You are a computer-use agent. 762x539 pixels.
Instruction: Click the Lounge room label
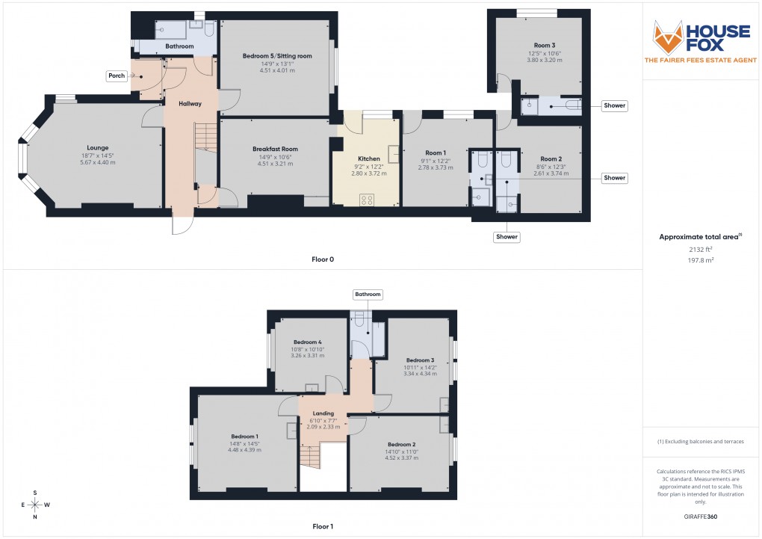99,148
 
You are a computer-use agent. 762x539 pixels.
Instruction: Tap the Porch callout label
116,76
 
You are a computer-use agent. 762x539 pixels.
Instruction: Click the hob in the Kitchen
368,199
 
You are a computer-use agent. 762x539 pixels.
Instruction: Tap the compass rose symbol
34,504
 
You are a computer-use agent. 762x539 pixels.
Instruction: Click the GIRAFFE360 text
700,517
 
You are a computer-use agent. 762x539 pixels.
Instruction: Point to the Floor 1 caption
323,526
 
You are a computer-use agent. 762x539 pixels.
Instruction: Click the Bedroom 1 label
244,437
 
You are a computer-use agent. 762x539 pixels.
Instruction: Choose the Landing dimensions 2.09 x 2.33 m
323,427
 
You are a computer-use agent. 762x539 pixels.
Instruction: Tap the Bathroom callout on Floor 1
368,295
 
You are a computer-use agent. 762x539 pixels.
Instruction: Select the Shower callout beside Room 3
615,106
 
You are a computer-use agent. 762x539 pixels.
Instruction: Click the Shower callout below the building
506,237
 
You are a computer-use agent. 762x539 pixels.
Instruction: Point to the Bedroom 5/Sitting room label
277,56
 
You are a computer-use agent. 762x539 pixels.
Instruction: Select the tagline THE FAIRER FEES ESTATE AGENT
700,60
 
